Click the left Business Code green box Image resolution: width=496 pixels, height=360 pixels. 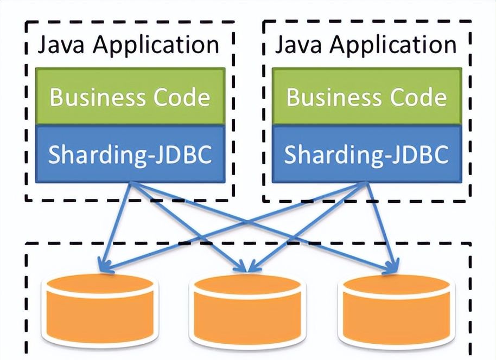click(130, 97)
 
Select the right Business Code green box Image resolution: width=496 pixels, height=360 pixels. click(366, 97)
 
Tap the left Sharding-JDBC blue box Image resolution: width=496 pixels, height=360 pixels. click(130, 154)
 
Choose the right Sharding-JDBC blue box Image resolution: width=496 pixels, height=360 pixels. click(366, 154)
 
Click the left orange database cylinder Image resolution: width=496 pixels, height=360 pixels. click(101, 309)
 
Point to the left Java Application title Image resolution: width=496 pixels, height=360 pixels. click(128, 45)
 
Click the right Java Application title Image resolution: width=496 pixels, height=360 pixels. click(365, 45)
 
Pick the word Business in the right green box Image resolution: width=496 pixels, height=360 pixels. click(328, 98)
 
